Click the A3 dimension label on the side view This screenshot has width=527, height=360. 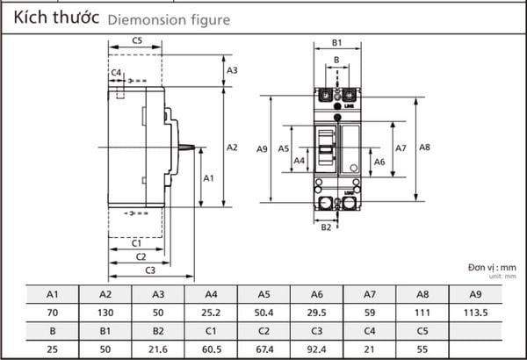pyautogui.click(x=232, y=70)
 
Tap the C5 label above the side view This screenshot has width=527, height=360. pyautogui.click(x=137, y=40)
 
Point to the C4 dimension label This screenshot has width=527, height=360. pyautogui.click(x=116, y=73)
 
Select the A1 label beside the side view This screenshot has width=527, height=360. pyautogui.click(x=208, y=178)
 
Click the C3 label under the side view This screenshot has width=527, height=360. pyautogui.click(x=150, y=270)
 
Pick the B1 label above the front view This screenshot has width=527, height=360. pyautogui.click(x=336, y=43)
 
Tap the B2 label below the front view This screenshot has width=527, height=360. pyautogui.click(x=326, y=227)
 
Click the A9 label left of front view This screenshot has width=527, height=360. pyautogui.click(x=262, y=149)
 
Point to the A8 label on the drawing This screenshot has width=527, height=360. pyautogui.click(x=424, y=148)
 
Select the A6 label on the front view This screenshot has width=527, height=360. pyautogui.click(x=379, y=162)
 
